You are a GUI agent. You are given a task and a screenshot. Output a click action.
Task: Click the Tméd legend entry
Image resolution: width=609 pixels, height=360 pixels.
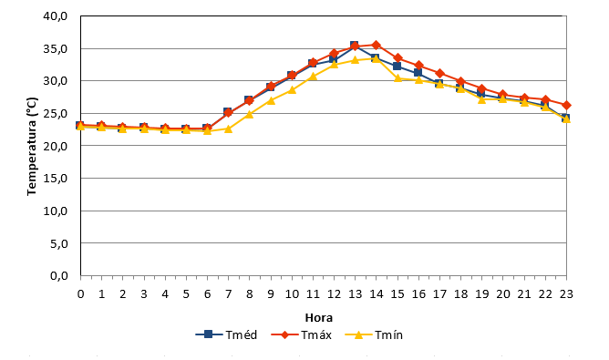click(x=226, y=334)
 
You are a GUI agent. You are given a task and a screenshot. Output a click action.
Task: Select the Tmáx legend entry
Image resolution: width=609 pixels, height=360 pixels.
click(x=302, y=334)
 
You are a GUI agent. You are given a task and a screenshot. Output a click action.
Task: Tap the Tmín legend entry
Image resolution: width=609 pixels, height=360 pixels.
click(x=374, y=334)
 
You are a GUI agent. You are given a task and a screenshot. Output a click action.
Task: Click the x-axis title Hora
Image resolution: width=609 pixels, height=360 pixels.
click(x=318, y=318)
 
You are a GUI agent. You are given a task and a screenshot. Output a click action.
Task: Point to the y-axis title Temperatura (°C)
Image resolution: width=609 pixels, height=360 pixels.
click(x=32, y=147)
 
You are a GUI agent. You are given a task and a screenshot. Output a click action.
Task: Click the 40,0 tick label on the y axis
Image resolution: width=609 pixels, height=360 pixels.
click(x=57, y=16)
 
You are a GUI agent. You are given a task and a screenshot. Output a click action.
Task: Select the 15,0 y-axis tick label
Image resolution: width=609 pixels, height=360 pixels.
click(x=57, y=179)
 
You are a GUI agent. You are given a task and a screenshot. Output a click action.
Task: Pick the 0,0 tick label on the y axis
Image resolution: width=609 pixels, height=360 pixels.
click(x=59, y=276)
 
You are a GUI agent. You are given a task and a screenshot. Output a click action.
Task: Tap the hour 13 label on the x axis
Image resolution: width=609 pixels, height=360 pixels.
click(x=355, y=294)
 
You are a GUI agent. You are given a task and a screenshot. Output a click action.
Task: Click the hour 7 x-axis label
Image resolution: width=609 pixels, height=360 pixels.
click(x=228, y=294)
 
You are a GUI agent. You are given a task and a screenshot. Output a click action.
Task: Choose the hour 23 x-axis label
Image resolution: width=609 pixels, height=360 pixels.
click(x=566, y=294)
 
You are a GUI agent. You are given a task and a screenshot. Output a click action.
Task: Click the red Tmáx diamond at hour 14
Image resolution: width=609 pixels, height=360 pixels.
click(x=376, y=45)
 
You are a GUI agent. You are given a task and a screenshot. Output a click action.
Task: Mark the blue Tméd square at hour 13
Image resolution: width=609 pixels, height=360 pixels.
click(x=355, y=46)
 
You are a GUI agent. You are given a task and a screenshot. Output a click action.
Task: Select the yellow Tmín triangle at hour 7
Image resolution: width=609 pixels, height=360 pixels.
click(x=228, y=129)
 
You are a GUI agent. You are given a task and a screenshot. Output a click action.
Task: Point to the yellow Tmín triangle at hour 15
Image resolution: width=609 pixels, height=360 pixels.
click(x=397, y=78)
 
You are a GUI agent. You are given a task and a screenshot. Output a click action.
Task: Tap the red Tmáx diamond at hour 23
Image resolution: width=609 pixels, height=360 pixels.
click(x=566, y=105)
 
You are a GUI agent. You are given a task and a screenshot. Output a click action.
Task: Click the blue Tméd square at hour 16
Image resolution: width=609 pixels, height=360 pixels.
click(x=418, y=72)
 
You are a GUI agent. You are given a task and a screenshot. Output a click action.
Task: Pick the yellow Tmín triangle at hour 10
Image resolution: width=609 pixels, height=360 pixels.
click(x=292, y=90)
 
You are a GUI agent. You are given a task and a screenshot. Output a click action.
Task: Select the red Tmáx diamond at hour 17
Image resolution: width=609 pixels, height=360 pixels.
click(x=439, y=74)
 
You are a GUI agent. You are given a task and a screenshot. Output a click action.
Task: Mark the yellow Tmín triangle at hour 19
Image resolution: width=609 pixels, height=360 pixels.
click(x=482, y=99)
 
